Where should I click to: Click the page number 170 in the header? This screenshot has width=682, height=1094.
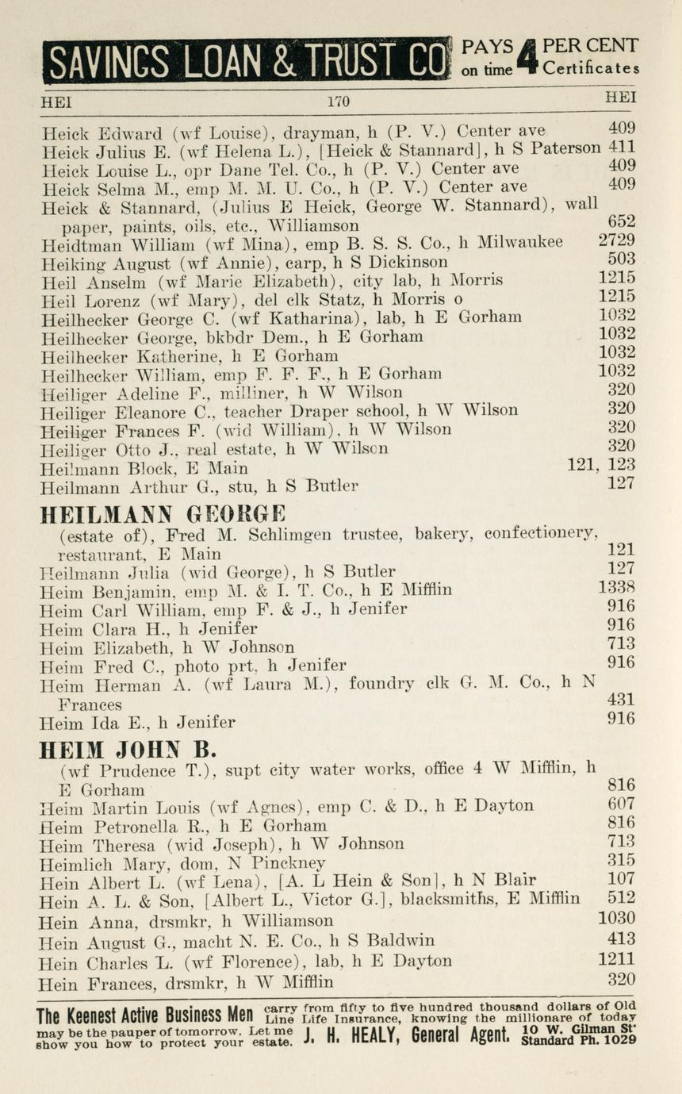coord(338,102)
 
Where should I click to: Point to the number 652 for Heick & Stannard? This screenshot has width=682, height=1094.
coord(621,223)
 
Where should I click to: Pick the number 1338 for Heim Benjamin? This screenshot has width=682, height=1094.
coord(616,589)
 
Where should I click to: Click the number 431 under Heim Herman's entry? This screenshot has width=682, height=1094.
coord(621,700)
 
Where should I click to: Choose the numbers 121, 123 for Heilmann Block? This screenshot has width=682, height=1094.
coord(602,466)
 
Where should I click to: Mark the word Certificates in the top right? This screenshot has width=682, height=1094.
coord(591,69)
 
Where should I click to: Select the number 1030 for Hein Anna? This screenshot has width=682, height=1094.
coord(616,919)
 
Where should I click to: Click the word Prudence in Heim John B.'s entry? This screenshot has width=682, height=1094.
coord(139,770)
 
